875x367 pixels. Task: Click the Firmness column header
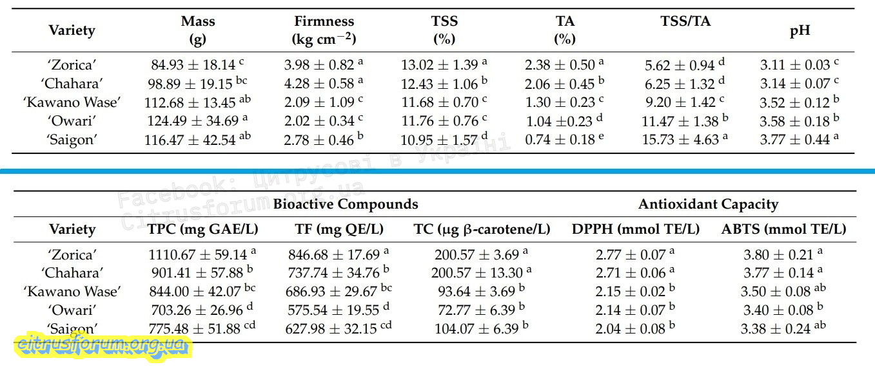click(324, 30)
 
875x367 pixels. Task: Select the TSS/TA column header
click(685, 21)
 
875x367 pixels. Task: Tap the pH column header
click(800, 30)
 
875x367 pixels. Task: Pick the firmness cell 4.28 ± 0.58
click(320, 84)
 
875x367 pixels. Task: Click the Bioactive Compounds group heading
click(346, 205)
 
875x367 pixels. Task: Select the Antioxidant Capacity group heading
click(708, 205)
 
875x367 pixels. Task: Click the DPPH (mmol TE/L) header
click(636, 229)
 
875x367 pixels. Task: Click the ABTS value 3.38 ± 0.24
click(779, 329)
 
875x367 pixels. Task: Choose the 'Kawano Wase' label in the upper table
click(72, 102)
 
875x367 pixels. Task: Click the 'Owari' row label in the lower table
click(72, 310)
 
